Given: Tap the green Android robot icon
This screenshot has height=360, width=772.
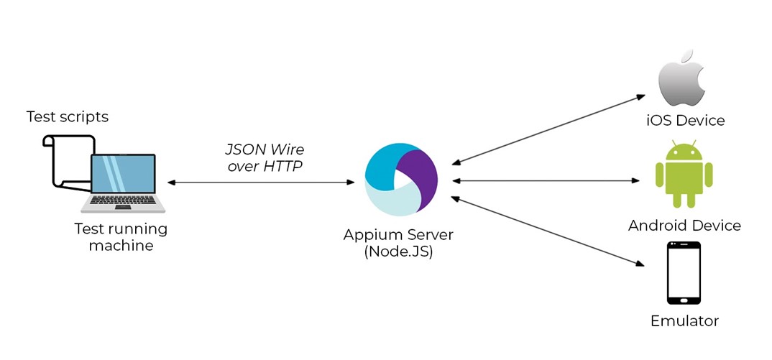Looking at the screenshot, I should click(x=684, y=175).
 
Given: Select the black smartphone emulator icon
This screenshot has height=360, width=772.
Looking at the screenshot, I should click(x=684, y=274).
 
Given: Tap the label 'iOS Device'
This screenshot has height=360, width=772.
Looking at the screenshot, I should click(x=684, y=120).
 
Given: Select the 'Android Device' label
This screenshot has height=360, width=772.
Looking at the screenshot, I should click(x=684, y=226).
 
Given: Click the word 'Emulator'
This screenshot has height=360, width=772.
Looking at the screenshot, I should click(x=684, y=320).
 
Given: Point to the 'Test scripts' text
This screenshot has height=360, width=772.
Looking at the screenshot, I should click(x=68, y=116).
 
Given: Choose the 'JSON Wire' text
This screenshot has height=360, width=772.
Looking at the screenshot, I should click(x=265, y=150).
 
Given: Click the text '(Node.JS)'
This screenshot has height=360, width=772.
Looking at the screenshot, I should click(x=398, y=251).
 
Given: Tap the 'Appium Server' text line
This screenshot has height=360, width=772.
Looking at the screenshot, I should click(x=398, y=235).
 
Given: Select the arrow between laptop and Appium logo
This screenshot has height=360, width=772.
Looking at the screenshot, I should click(x=260, y=183).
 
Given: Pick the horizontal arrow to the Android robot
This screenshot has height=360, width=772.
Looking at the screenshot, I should click(x=546, y=180).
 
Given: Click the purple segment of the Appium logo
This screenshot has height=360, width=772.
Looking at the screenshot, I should click(x=419, y=175).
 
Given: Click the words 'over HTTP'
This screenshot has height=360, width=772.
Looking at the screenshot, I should click(x=265, y=166).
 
